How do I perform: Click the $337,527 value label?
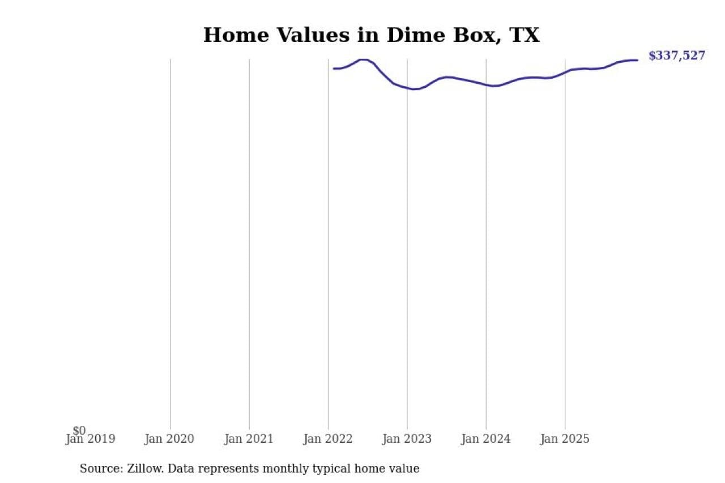(x=677, y=55)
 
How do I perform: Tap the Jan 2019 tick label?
(x=90, y=439)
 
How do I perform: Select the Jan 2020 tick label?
(x=169, y=439)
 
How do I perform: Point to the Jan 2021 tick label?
(x=249, y=439)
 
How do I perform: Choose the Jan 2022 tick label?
(x=328, y=439)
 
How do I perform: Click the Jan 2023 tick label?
(x=407, y=439)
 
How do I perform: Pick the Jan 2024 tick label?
(x=486, y=439)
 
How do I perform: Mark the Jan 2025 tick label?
(x=565, y=439)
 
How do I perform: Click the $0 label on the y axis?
(x=79, y=431)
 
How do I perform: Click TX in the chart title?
(x=524, y=35)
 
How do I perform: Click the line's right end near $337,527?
(x=637, y=60)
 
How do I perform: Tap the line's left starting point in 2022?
(x=334, y=69)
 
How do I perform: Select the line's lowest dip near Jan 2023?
(x=414, y=89)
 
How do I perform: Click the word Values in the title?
(x=327, y=35)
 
